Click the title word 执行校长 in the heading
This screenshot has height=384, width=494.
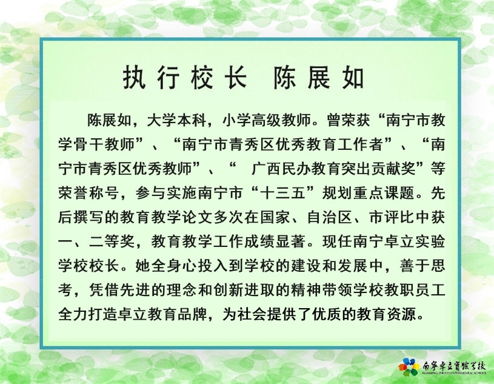pos(185,78)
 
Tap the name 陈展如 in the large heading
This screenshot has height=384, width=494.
pos(318,78)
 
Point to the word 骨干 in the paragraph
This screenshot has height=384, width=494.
pos(88,144)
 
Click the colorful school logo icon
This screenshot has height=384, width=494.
pos(409,367)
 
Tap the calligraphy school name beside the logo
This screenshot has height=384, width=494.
pos(454,366)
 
